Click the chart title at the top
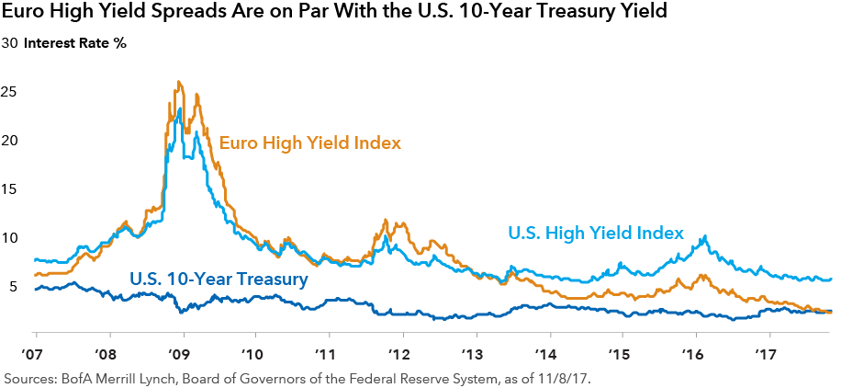(x=339, y=14)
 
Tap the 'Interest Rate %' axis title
(x=74, y=43)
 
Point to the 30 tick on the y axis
(x=12, y=43)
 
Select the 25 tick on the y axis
(x=12, y=92)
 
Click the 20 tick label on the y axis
(x=12, y=141)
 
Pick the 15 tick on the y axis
(x=12, y=189)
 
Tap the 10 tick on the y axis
(x=12, y=238)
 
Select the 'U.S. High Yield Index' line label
(x=597, y=234)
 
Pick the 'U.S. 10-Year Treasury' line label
(x=218, y=277)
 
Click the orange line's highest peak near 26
(x=178, y=82)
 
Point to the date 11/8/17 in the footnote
(x=585, y=378)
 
